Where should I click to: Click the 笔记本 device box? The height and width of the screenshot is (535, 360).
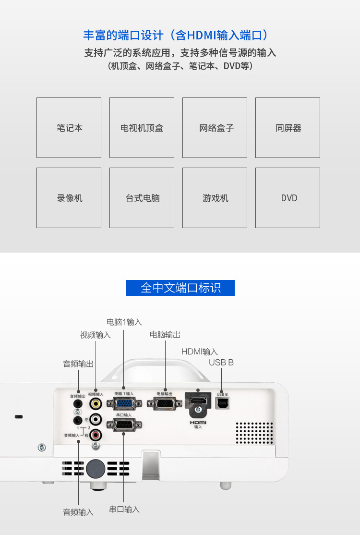click(x=69, y=128)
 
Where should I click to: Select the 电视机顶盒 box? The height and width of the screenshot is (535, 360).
click(x=142, y=128)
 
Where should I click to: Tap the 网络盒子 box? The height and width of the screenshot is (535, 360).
click(x=215, y=128)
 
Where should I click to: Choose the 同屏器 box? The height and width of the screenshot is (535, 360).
click(x=288, y=128)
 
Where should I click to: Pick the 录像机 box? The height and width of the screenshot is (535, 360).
click(x=69, y=198)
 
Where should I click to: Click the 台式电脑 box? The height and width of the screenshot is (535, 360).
click(x=142, y=198)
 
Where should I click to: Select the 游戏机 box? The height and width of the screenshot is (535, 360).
click(x=215, y=198)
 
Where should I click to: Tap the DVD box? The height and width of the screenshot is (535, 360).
click(x=288, y=198)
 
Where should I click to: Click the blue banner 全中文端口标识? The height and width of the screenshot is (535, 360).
click(x=180, y=288)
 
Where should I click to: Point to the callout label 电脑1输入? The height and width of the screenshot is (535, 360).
click(x=124, y=322)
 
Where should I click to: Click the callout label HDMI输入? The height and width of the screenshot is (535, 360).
click(x=199, y=352)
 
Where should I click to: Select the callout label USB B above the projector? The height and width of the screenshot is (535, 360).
click(x=221, y=363)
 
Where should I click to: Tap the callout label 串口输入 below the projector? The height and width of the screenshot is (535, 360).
click(x=124, y=509)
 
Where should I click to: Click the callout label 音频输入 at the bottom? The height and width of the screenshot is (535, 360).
click(x=78, y=512)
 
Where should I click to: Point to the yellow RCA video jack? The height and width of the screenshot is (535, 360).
click(x=96, y=403)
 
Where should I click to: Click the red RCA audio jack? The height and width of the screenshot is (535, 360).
click(x=96, y=435)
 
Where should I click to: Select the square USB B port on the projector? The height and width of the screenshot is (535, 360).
click(x=222, y=402)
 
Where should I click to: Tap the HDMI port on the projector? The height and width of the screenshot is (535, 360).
click(x=198, y=401)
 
